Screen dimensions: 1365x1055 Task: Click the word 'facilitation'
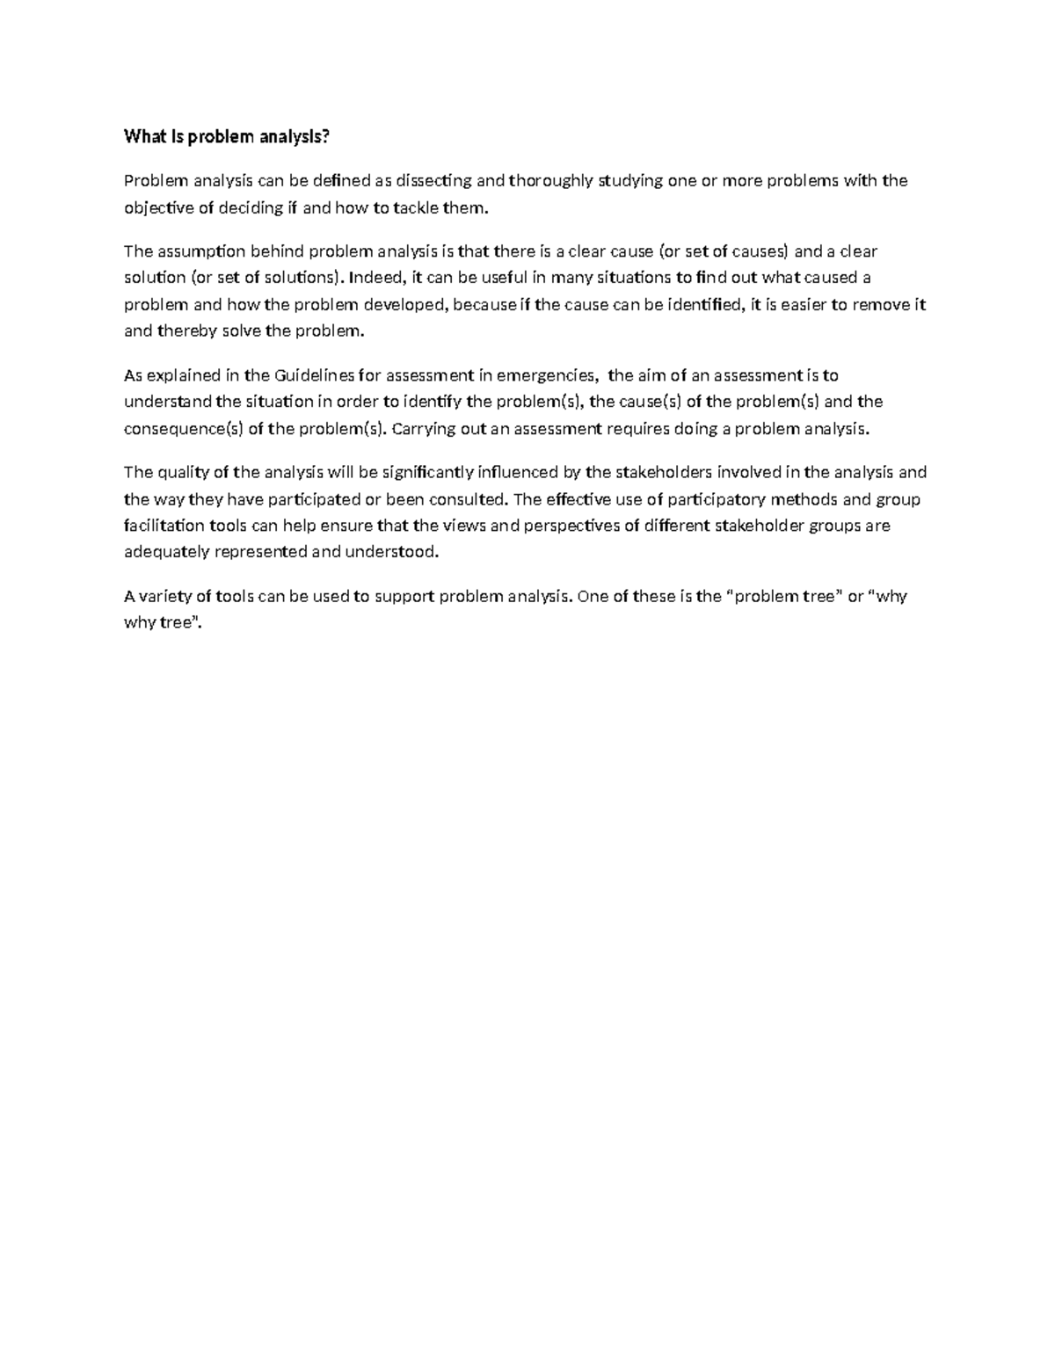point(164,526)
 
